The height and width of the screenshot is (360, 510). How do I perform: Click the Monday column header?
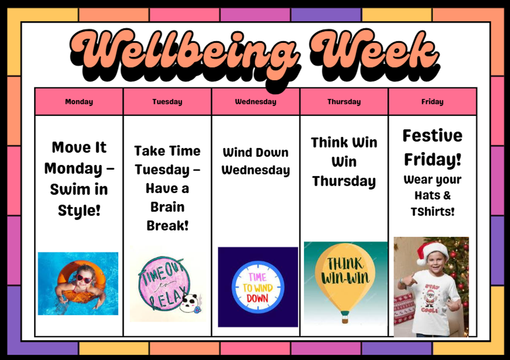79,102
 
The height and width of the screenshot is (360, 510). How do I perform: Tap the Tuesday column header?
167,102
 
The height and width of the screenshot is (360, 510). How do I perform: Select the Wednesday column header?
255,102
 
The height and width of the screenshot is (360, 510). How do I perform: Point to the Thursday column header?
344,102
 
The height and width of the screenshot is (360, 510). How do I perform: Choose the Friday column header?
432,102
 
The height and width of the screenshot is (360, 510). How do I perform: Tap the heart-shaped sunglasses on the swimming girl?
85,279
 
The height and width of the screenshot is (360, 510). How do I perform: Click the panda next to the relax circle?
190,303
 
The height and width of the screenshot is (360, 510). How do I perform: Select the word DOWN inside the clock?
258,298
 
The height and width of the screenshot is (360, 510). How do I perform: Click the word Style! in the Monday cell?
79,211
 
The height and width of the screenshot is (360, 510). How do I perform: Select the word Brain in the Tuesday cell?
167,207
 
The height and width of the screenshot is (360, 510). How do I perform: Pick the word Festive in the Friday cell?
432,136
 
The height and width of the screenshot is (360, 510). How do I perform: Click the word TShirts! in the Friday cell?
432,212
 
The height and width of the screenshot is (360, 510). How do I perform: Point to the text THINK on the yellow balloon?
345,264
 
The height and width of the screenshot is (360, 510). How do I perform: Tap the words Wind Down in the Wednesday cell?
255,152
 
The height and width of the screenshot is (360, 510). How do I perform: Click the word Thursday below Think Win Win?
344,181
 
